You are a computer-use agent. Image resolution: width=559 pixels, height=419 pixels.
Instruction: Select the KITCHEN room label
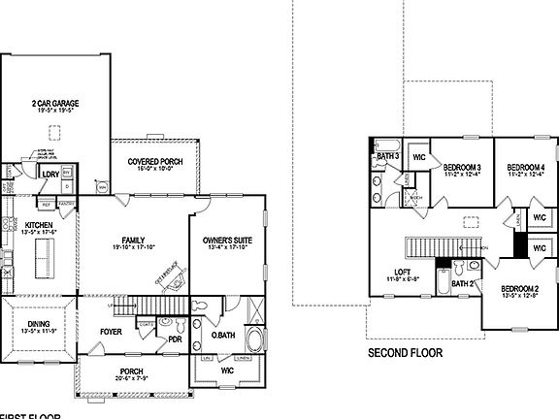point(26,224)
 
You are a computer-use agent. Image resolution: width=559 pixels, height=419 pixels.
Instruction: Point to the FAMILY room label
point(133,241)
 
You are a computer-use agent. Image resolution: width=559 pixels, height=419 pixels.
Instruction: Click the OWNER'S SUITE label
point(227,240)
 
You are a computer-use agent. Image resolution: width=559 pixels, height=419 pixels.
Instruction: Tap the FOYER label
point(111,330)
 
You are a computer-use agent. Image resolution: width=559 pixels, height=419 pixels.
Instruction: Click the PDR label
point(176,339)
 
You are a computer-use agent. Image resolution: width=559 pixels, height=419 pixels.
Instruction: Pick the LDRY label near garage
point(50,174)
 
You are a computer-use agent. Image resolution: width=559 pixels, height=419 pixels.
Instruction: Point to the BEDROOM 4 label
point(525,167)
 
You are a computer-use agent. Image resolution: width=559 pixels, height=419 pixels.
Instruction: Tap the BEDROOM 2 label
point(519,289)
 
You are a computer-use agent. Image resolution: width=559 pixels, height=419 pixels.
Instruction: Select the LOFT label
point(402,273)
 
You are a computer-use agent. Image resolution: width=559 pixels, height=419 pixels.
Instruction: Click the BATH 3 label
point(387,155)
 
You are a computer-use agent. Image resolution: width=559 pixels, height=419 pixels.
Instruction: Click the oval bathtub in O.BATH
point(254,340)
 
